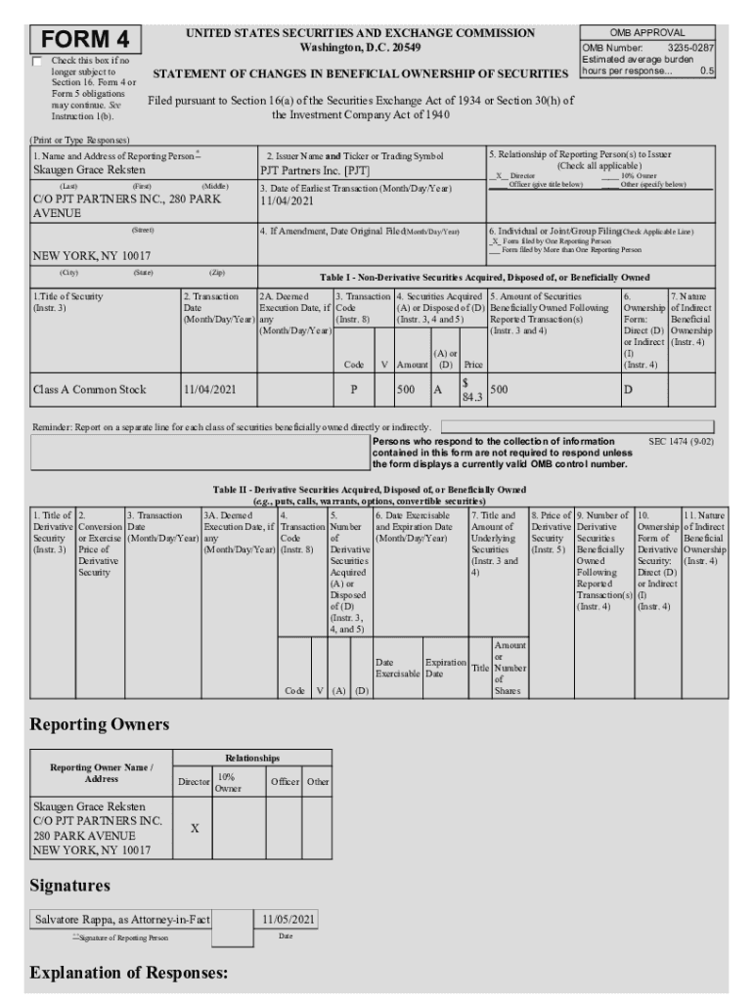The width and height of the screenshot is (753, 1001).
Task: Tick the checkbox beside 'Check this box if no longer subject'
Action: tap(38, 62)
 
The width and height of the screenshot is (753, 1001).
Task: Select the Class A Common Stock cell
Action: tap(89, 389)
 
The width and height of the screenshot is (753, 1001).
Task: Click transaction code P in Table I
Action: tap(352, 389)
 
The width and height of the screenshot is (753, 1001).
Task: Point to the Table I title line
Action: tap(484, 278)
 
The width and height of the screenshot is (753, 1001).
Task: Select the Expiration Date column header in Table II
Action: tap(445, 668)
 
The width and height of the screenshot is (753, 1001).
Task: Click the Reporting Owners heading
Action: tap(100, 724)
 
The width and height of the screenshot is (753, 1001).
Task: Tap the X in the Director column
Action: tap(194, 828)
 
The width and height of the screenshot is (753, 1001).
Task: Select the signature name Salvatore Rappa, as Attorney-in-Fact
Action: tap(122, 920)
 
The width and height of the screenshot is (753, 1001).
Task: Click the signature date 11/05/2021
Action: tap(286, 920)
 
